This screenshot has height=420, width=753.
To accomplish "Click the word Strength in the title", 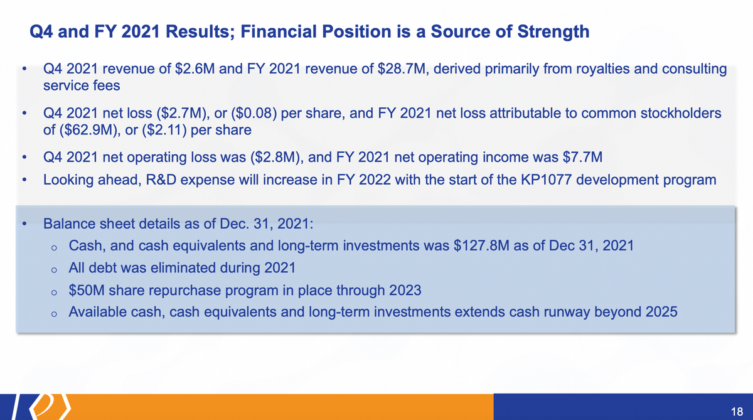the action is click(553, 32).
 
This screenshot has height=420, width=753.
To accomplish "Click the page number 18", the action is click(737, 412).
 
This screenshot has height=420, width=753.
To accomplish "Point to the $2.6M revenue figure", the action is click(195, 68).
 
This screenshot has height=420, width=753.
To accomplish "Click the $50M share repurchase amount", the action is click(87, 290).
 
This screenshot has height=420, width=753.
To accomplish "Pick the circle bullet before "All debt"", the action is click(54, 270).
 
